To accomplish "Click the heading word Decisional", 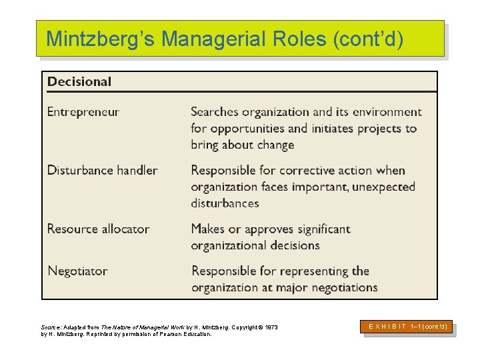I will coord(79,82).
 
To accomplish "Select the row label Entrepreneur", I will coord(83,112).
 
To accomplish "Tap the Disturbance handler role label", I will coord(102,170).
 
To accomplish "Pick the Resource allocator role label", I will coord(98,229).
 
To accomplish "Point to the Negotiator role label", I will coord(77,271).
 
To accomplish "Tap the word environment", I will coord(387,112).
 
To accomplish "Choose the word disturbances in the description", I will coord(225,203).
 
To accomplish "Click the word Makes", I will coord(208,229).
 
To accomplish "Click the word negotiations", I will coord(340,288).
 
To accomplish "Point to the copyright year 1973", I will coord(271,327).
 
